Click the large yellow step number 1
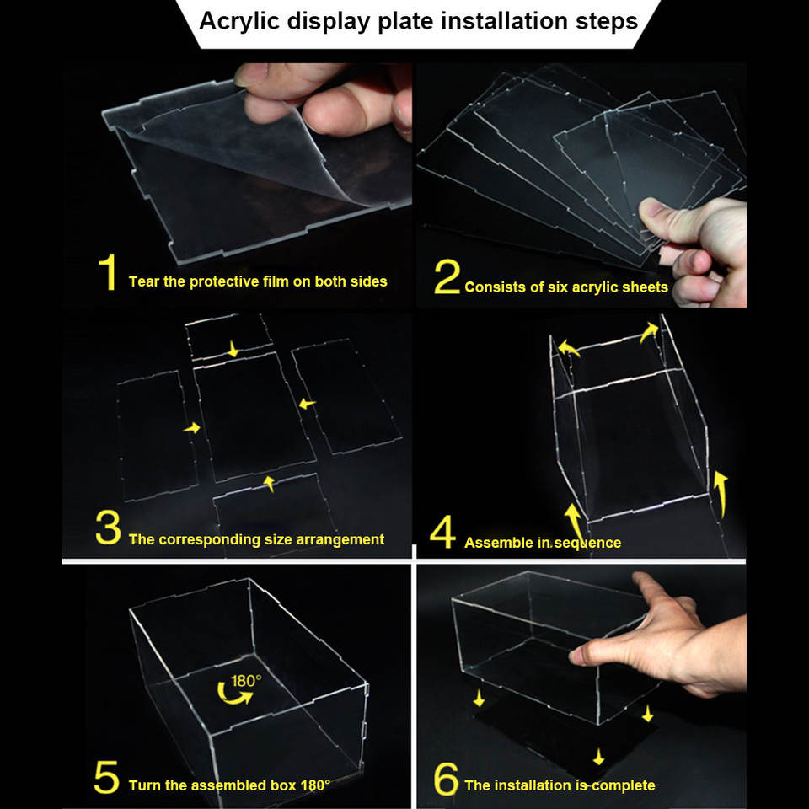tap(108, 272)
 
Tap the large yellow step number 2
tap(447, 276)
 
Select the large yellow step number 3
tap(108, 528)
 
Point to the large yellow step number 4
tap(442, 532)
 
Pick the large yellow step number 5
tap(107, 777)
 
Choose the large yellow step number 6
tap(446, 779)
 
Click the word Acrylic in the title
tap(239, 22)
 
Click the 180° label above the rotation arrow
tap(246, 681)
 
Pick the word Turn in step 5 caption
tap(144, 785)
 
